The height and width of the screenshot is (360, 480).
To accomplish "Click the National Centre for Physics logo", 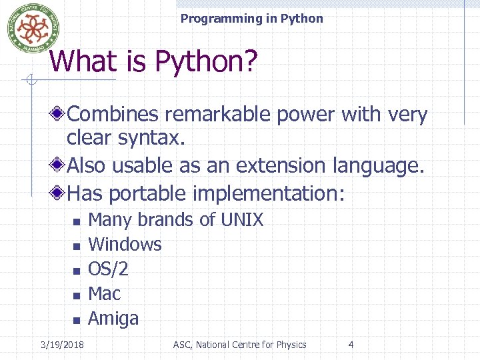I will point(28,27).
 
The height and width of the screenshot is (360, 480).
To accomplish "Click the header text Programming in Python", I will point(251,19).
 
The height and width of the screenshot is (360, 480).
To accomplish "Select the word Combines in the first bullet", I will point(113,115).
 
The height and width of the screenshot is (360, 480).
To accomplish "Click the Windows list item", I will point(125,244).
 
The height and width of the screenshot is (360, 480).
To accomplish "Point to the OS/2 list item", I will point(108,269).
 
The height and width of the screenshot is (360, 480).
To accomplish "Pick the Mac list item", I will point(104,293).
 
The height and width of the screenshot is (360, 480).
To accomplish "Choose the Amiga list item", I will point(113,319).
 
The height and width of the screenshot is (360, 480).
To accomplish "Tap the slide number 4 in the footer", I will point(351,345).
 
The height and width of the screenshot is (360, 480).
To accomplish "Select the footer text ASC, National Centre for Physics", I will point(239,345).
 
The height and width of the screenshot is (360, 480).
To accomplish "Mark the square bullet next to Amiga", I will point(77,320).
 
